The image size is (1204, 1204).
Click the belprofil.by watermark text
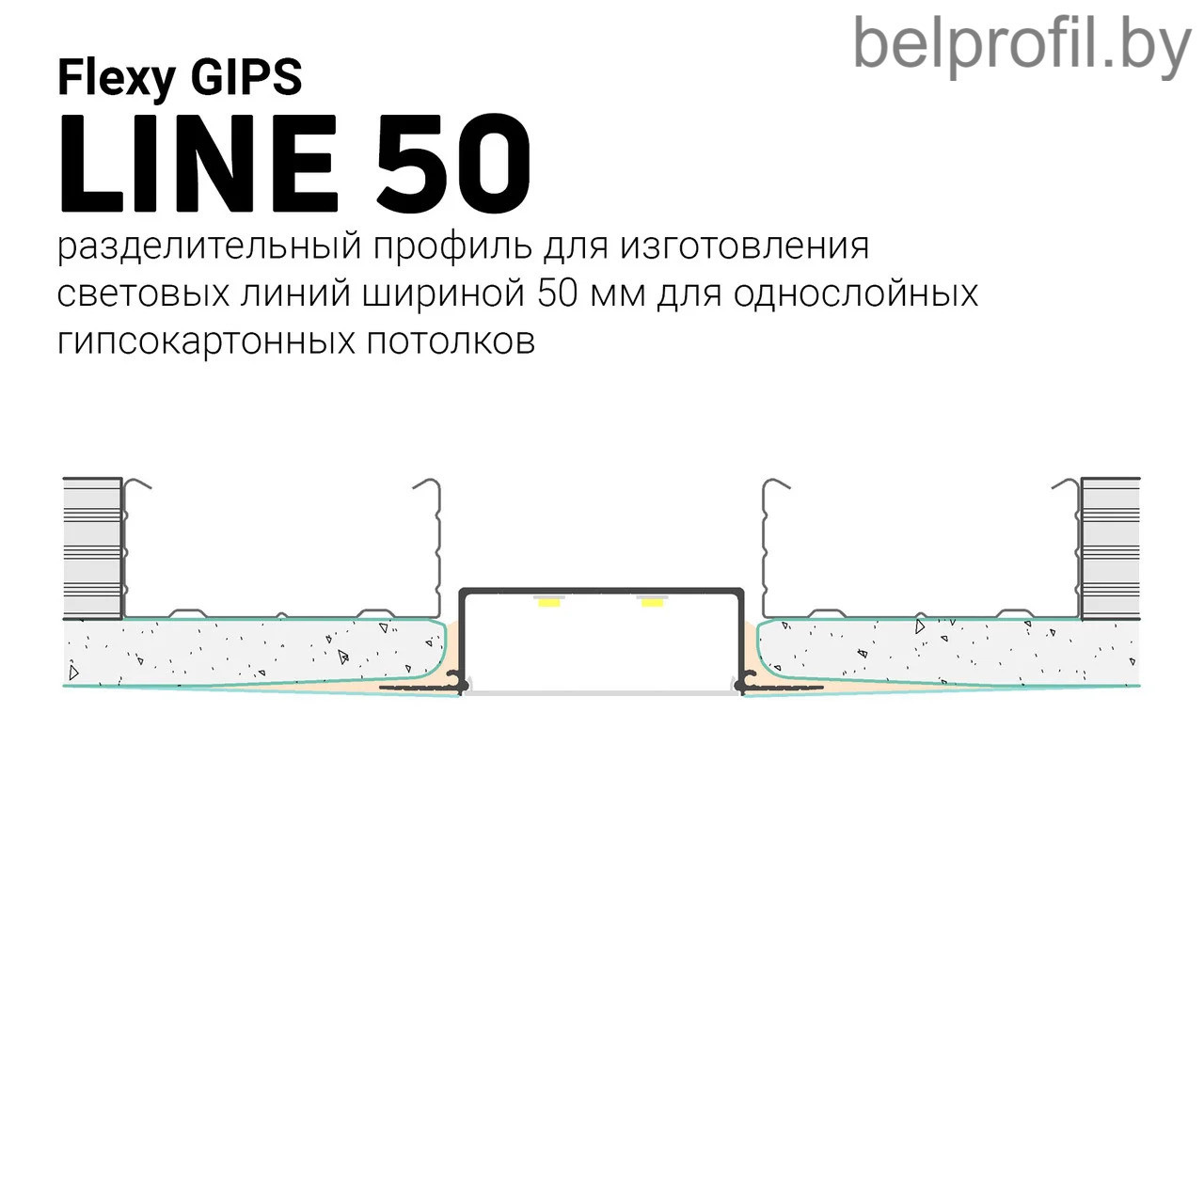1022,46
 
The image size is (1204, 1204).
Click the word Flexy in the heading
117,79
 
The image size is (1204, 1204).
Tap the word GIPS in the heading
246,77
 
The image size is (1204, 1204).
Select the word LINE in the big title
199,165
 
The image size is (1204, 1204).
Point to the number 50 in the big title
454,165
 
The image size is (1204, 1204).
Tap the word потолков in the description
451,341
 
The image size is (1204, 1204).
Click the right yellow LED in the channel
652,602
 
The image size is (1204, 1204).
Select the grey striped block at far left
92,548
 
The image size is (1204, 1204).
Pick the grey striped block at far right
1110,548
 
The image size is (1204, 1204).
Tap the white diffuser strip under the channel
601,693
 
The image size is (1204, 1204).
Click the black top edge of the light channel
601,590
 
